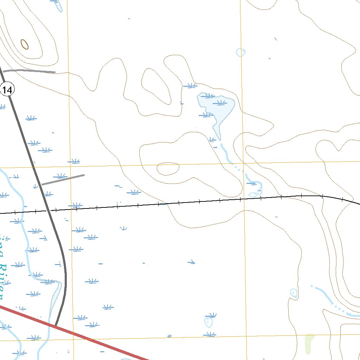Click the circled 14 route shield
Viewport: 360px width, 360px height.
(x=7, y=90)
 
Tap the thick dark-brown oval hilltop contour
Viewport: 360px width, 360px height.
(x=25, y=44)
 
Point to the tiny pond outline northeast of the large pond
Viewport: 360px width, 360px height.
(x=240, y=52)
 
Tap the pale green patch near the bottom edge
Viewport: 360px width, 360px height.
(x=309, y=343)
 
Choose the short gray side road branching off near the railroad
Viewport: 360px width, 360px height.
(x=63, y=179)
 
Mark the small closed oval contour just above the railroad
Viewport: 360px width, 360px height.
(x=168, y=169)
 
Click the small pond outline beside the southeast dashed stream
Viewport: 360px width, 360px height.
(x=294, y=293)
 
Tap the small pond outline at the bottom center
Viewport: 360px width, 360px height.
(x=209, y=321)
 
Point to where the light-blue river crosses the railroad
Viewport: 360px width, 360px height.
(x=23, y=212)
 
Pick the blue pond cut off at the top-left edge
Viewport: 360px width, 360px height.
(x=58, y=4)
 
